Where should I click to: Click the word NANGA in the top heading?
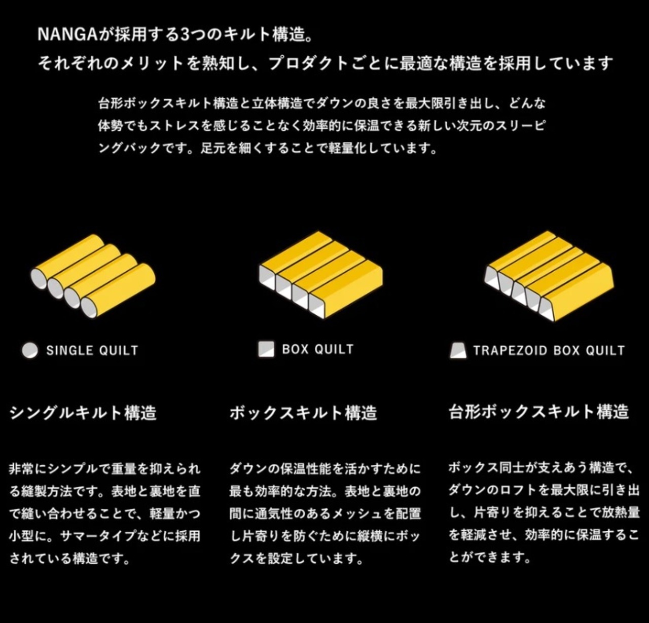67,34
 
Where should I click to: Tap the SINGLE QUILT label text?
92,350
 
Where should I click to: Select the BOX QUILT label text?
317,349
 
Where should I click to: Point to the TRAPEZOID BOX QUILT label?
549,350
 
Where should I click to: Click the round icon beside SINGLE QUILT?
30,350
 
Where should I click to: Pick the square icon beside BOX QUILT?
267,349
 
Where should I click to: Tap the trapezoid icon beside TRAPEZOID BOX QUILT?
458,350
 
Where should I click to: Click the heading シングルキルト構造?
83,413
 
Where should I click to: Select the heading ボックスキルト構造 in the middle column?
303,413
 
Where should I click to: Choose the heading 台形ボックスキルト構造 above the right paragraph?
538,412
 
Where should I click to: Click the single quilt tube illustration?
93,276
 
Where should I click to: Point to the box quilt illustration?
321,275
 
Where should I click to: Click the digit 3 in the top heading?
185,34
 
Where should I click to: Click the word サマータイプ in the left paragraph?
97,536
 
